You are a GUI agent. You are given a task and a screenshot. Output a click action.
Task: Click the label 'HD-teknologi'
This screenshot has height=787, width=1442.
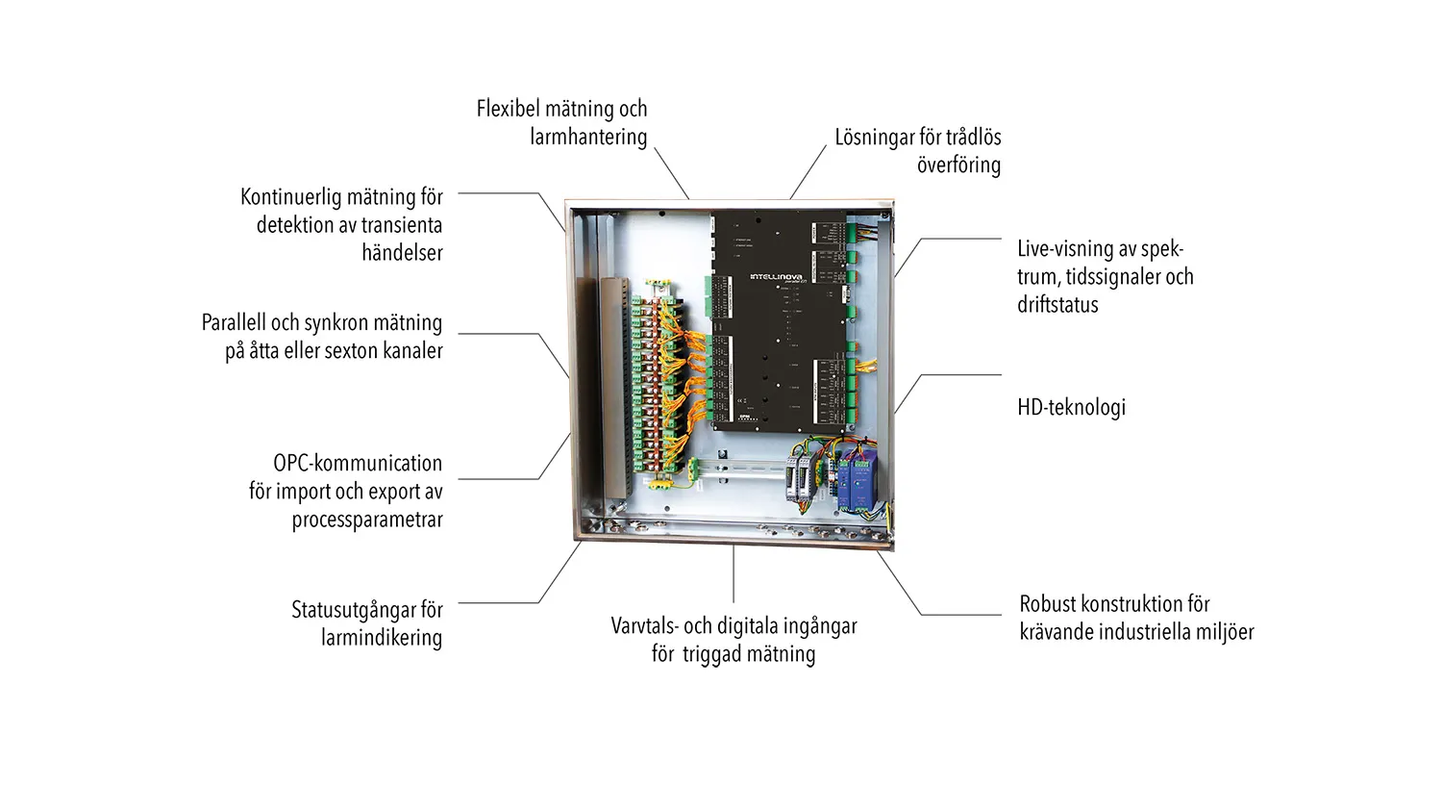tap(1071, 407)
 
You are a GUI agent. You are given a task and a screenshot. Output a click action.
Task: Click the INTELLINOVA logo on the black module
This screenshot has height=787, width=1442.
tap(776, 277)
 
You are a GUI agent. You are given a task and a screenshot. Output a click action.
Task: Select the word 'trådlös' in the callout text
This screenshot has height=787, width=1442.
tap(973, 138)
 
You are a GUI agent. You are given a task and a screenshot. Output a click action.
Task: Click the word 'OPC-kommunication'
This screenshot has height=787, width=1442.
tap(358, 463)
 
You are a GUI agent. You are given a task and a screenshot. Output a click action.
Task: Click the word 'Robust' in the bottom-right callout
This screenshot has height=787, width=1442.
tap(1046, 604)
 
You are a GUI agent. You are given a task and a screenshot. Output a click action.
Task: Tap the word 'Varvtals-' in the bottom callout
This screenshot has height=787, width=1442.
tap(645, 626)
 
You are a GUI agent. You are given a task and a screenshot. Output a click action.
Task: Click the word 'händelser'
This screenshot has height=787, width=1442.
tap(402, 253)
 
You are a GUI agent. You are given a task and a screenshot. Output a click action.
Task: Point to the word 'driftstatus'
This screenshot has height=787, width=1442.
tap(1057, 305)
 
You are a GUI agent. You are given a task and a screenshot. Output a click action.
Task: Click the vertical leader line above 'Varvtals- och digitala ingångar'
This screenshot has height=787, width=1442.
tap(733, 574)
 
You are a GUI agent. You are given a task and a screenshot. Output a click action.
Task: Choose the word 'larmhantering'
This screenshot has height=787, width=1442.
tap(588, 137)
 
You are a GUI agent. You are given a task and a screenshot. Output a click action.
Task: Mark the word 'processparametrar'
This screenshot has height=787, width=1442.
tap(367, 520)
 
